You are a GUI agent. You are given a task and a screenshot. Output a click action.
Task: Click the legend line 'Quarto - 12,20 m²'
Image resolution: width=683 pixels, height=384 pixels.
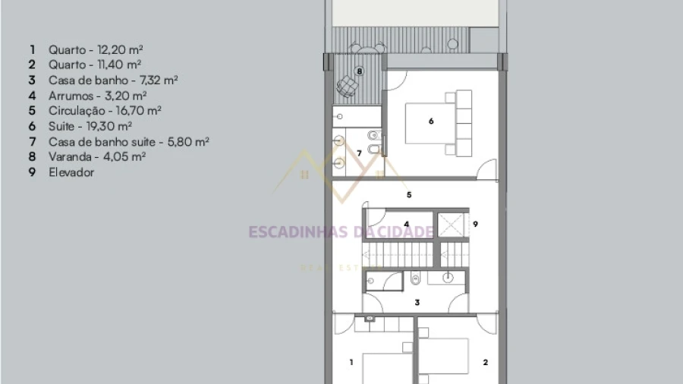coord(96,49)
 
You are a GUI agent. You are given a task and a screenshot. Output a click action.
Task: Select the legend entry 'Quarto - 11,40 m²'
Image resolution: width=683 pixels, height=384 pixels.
coord(95,65)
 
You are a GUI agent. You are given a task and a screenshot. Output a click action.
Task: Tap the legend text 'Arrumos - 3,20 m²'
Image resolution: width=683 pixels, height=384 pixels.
coord(97,96)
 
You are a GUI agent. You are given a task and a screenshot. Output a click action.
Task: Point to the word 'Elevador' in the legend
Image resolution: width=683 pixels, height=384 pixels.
coord(71,172)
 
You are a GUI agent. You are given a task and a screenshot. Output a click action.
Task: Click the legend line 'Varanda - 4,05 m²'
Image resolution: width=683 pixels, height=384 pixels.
coord(96,157)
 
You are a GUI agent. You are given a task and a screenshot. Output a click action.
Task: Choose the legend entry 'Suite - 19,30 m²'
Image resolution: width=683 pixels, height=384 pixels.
coord(90,126)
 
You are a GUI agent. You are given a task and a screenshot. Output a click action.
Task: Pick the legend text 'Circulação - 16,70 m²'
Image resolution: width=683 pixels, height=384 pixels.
coord(105,111)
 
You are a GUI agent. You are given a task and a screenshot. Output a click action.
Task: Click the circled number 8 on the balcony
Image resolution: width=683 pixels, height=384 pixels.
coord(360,71)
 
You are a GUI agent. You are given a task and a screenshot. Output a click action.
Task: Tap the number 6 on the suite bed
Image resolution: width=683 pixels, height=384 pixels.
coord(431,121)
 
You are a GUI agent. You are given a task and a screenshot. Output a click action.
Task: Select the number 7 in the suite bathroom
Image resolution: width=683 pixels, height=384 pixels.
coord(359,153)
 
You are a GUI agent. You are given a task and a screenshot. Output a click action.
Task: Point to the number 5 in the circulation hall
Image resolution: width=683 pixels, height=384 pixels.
coord(409,194)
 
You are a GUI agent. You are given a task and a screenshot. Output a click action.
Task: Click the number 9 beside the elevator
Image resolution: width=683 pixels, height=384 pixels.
coord(475,224)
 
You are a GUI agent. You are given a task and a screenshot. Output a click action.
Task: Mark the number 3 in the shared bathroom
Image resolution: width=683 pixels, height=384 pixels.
coord(417,302)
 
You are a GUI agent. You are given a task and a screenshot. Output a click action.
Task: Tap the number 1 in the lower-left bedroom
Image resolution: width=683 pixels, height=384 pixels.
coord(351,362)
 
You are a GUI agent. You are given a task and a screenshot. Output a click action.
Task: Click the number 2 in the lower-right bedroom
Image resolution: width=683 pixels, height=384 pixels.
coord(485,362)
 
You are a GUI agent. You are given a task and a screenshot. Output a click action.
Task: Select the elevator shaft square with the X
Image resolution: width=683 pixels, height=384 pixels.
coord(451,225)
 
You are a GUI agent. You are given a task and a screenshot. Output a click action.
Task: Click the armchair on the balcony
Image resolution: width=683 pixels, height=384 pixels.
coord(347,86)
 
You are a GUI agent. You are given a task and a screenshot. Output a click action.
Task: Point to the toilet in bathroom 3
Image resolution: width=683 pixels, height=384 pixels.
coord(416,279)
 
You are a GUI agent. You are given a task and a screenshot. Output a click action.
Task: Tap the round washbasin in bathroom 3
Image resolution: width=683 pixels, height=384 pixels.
coord(448,278)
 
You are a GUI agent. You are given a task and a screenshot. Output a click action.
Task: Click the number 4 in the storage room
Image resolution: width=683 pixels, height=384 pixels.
coord(407,224)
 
